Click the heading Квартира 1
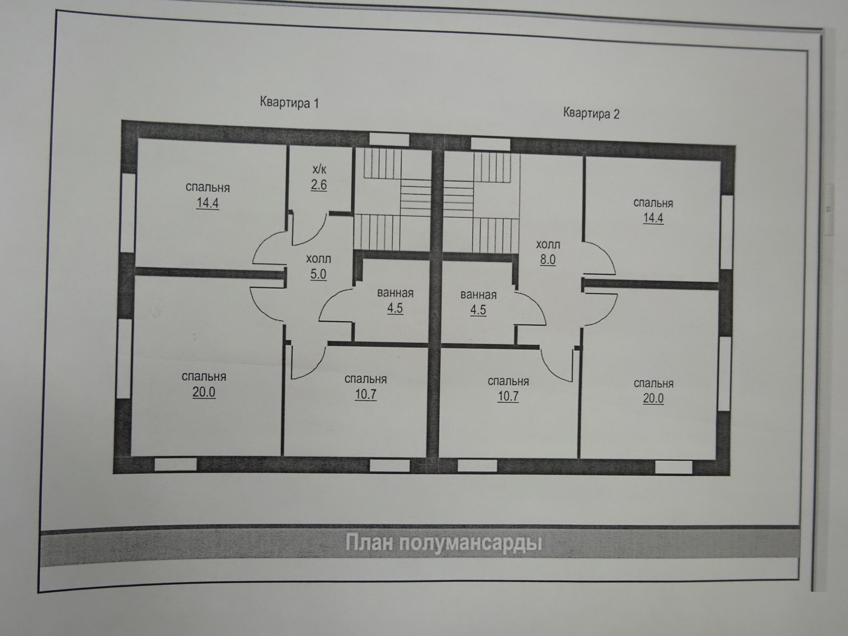coord(289,102)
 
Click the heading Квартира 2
coord(591,113)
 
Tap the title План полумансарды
coord(443,543)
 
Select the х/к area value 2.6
coord(318,185)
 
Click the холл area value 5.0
coord(318,274)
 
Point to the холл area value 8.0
coord(548,260)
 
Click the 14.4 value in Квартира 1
coord(208,203)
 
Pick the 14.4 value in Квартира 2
coord(653,218)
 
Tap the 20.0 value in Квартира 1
coord(204,392)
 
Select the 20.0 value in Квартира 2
coord(653,398)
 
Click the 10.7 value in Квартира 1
coord(366,394)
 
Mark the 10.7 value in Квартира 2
coord(508,396)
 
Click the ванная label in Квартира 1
coord(395,293)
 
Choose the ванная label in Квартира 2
coord(478,295)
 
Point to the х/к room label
coord(319,169)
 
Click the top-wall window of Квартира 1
coord(389,139)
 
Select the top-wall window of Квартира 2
coord(491,144)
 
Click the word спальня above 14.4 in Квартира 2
coord(653,203)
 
